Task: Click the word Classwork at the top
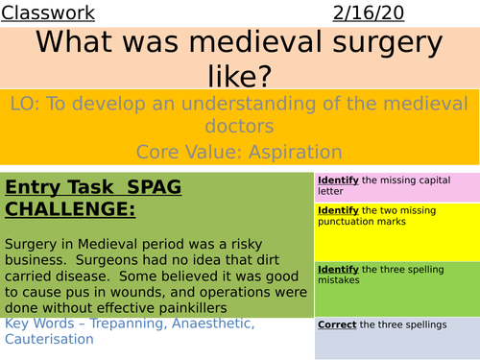coord(48,12)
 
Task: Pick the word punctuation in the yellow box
coord(350,222)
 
